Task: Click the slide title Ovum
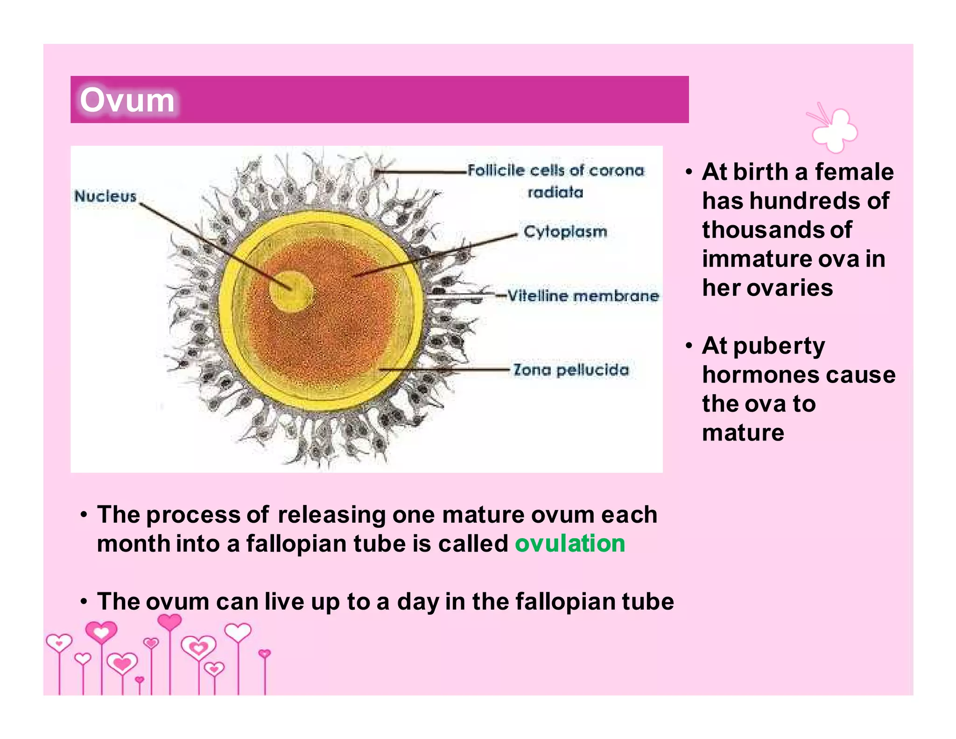coord(127,100)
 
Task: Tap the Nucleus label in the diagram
coord(105,196)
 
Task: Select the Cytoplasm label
coord(565,232)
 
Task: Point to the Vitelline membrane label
coord(583,296)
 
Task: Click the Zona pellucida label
coord(571,370)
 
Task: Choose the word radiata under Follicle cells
coord(555,192)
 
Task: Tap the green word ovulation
coord(570,544)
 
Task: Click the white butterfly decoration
coord(835,130)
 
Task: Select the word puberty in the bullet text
coord(779,347)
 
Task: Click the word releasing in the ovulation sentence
coord(331,515)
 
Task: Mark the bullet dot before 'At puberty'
coord(689,346)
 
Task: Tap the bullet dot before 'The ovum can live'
coord(84,601)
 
